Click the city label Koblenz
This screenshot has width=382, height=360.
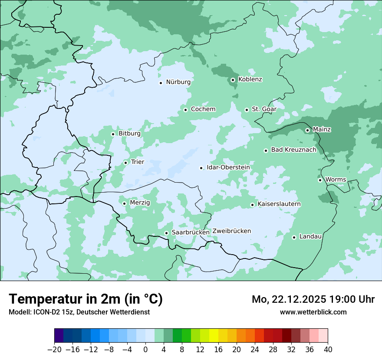(250, 79)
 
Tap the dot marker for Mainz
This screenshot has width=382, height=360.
(307, 130)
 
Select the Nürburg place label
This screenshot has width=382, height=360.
(178, 82)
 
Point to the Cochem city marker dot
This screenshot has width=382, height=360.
(185, 110)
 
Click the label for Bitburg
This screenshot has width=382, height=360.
(129, 134)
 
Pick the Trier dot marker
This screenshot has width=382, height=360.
(125, 163)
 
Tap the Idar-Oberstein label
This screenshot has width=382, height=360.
(228, 167)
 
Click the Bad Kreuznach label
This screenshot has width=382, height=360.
(293, 150)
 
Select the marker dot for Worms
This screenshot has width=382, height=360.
(320, 180)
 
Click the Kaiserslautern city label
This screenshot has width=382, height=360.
(279, 204)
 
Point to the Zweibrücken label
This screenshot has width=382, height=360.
(231, 231)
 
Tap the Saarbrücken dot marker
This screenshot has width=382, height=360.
(166, 233)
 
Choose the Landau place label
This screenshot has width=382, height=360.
(310, 237)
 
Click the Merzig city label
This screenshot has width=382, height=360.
(140, 203)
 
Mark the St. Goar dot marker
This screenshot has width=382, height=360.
(247, 110)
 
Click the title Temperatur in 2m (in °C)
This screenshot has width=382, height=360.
(86, 299)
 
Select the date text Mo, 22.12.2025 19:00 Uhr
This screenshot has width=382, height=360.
(313, 299)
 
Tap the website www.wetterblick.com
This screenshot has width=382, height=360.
(313, 312)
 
